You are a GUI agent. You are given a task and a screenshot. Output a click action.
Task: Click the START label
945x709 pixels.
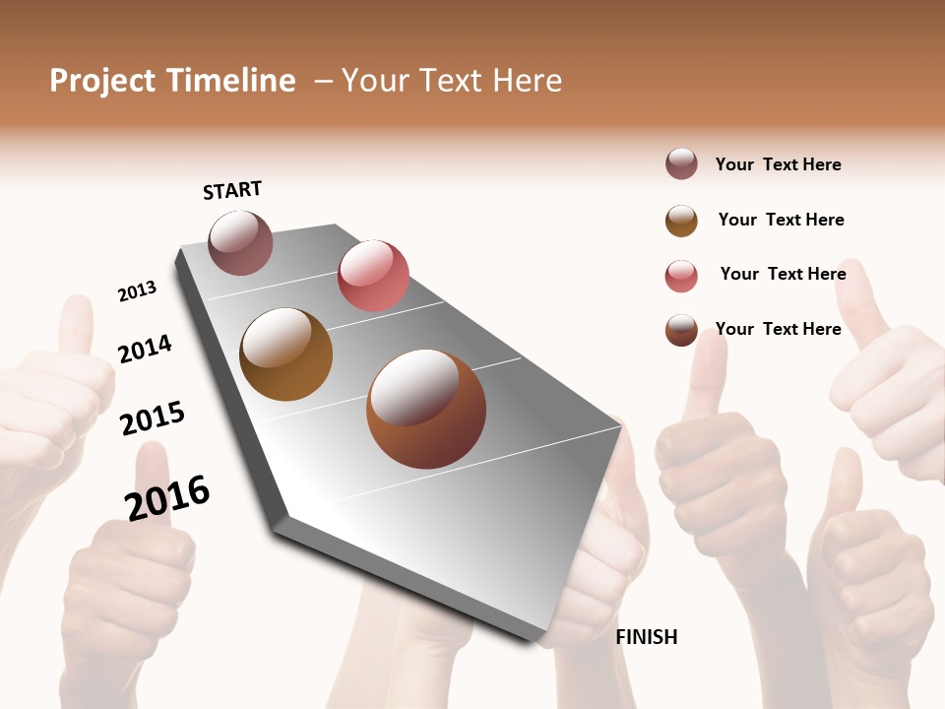(x=232, y=190)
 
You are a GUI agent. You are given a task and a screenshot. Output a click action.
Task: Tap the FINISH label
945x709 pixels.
(x=646, y=637)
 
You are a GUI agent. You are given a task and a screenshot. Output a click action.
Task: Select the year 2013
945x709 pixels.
(x=137, y=291)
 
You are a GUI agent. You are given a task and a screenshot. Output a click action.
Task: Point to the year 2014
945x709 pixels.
(x=145, y=349)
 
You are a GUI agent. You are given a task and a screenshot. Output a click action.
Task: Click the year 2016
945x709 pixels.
(x=167, y=497)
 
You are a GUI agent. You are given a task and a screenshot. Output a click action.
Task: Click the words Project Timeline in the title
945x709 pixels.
(x=172, y=81)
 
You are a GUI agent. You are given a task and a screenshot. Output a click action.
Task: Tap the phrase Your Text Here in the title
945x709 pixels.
(x=451, y=81)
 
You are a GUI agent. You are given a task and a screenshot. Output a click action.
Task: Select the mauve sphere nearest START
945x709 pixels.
(x=240, y=242)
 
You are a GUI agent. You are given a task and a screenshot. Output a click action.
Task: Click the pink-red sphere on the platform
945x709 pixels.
(x=373, y=276)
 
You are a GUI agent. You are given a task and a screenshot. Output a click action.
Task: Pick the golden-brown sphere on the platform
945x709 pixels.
(x=285, y=354)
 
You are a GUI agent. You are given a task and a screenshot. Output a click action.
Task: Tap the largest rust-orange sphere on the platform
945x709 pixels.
(x=426, y=409)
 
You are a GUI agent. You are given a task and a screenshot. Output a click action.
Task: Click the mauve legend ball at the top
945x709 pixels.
(x=681, y=163)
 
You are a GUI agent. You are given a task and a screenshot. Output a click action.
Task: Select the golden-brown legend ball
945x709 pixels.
(x=681, y=221)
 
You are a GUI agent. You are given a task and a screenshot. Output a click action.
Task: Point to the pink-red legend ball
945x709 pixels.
(x=681, y=276)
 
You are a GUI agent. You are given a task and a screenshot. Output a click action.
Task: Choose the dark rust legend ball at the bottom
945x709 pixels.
(x=681, y=331)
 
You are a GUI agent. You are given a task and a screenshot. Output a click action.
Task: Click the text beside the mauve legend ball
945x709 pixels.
(x=778, y=164)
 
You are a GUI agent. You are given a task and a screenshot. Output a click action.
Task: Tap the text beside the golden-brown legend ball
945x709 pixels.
(x=781, y=220)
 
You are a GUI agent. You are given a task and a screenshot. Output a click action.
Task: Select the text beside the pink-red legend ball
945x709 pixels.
(x=783, y=274)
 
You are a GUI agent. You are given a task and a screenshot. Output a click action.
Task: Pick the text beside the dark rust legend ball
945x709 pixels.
(x=778, y=329)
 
